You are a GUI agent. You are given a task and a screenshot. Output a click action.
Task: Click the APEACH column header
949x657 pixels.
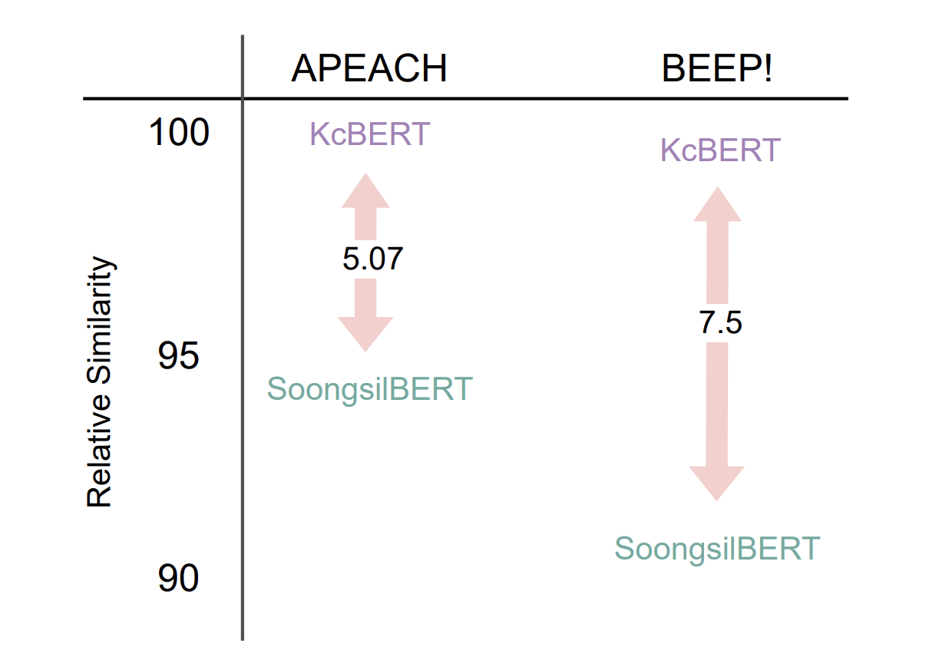[x=369, y=68]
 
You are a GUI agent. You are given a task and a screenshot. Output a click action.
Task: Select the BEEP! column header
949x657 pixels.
[x=717, y=68]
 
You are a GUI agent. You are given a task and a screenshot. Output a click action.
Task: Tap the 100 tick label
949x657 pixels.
[x=179, y=132]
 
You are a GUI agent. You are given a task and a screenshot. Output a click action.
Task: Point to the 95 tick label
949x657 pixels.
[x=178, y=355]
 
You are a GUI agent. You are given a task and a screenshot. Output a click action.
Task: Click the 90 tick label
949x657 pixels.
[x=178, y=578]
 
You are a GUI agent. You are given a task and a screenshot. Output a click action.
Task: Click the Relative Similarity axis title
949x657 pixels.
[x=100, y=381]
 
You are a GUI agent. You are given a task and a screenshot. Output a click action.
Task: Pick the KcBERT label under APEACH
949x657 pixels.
[x=370, y=134]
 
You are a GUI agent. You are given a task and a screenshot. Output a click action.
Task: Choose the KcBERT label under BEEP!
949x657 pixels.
[x=720, y=150]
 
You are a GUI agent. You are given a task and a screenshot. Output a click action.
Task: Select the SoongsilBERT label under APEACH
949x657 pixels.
[x=370, y=389]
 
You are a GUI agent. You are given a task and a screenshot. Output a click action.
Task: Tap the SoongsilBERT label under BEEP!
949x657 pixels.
[x=717, y=549]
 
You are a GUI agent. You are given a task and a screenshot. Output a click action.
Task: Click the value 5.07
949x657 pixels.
[x=372, y=259]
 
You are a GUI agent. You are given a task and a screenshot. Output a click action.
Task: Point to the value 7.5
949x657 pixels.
[x=720, y=323]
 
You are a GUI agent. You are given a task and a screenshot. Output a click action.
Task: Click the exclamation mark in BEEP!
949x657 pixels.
[x=767, y=68]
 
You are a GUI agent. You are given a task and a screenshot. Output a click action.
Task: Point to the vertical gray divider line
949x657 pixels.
[x=243, y=338]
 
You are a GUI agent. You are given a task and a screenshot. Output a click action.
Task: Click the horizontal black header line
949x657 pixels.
[x=465, y=99]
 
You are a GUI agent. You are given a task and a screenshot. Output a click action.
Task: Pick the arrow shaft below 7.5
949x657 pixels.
[x=717, y=404]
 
